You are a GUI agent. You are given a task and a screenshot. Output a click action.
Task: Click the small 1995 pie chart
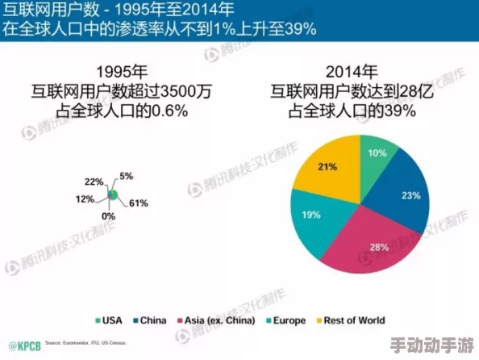point(114,195)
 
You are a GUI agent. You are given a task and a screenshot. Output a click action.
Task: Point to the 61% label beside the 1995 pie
point(138,203)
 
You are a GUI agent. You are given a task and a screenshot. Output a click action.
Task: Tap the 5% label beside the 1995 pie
point(127,176)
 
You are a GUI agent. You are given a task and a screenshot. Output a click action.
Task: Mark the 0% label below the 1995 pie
point(108,216)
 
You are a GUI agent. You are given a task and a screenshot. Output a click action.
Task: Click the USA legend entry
point(111,320)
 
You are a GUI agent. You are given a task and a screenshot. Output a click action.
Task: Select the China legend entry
point(150,320)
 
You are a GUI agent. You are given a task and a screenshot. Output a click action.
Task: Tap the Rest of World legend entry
point(352,320)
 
